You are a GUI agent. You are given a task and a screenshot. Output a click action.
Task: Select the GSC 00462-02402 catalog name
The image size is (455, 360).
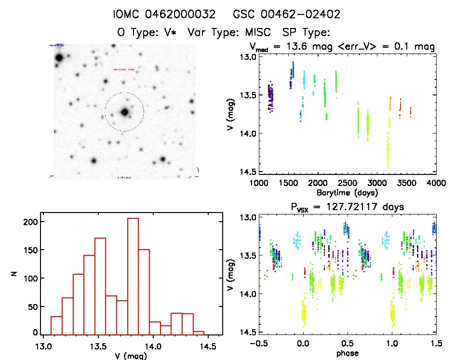point(287,14)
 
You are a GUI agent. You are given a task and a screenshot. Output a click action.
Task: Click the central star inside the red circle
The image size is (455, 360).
point(125,112)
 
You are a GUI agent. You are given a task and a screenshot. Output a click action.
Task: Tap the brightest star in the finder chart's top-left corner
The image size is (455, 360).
point(59,58)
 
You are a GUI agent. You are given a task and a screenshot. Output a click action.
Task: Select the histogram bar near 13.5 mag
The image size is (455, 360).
point(100,285)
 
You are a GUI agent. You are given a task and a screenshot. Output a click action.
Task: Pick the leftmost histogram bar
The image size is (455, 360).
point(56,324)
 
